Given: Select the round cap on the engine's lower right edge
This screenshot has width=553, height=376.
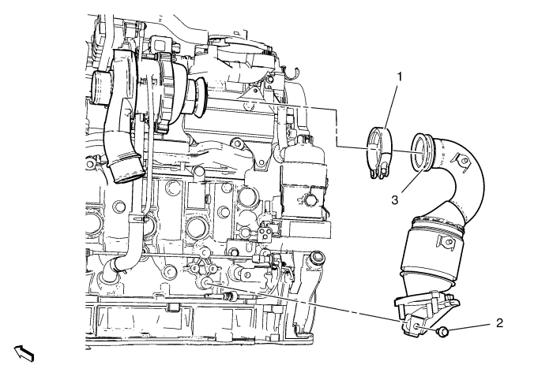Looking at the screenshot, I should point(316,258).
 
